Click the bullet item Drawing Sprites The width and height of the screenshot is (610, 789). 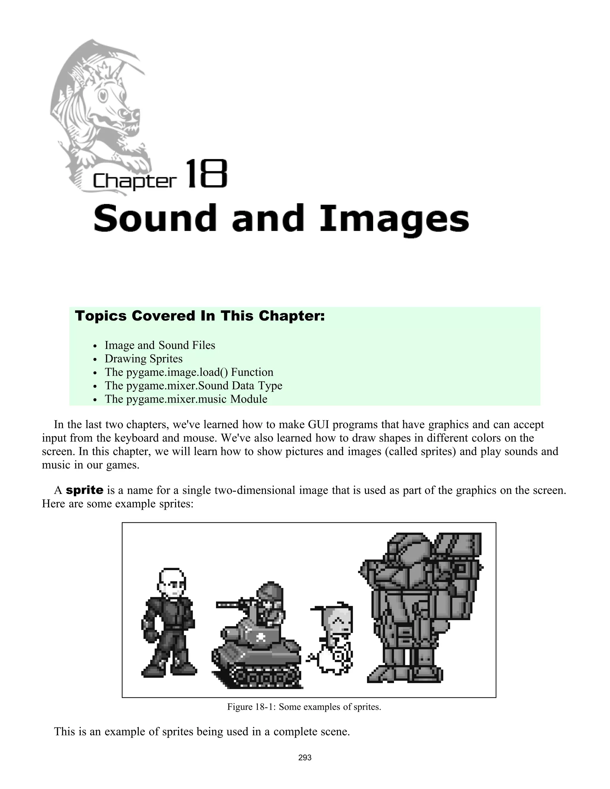tap(144, 359)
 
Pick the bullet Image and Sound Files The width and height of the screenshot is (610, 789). tap(160, 345)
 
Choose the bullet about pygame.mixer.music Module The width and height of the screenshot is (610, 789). tap(186, 399)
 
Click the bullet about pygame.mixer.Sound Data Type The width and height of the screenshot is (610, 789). tap(193, 386)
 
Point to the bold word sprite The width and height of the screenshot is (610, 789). tap(85, 490)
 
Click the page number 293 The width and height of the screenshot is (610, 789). tap(305, 757)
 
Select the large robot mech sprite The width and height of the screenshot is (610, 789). tap(419, 607)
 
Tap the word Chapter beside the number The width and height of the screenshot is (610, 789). tap(134, 181)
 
